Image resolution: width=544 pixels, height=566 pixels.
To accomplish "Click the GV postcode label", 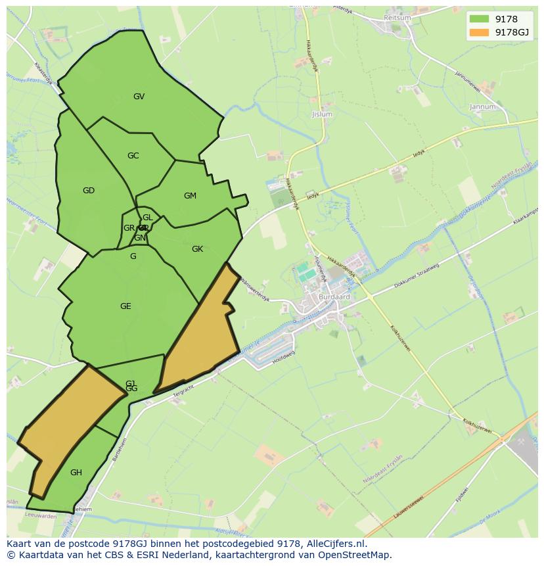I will point(139,97).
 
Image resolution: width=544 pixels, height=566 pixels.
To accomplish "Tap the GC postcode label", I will point(133,156).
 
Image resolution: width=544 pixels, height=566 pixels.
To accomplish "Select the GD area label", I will point(89,191).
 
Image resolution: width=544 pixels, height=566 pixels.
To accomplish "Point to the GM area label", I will point(190,196).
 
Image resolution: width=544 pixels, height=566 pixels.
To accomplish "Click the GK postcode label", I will point(197,249).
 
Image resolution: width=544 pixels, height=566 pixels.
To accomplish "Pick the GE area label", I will point(125,306).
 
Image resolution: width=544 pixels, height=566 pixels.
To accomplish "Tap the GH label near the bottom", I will point(76,473).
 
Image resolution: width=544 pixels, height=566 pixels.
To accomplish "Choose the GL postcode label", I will point(147,218).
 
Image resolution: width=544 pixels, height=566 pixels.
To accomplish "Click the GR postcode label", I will point(129,228).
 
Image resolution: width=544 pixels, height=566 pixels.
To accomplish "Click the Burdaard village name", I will point(334,296).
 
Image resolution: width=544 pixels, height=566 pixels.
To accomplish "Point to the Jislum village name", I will point(322,114).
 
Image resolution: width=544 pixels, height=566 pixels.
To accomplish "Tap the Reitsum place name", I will point(397,18).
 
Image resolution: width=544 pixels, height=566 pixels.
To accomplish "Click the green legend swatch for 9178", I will point(480,19).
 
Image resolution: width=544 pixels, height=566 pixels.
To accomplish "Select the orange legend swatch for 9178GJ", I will point(480,32).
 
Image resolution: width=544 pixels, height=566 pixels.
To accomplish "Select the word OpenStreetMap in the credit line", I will point(356,555).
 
